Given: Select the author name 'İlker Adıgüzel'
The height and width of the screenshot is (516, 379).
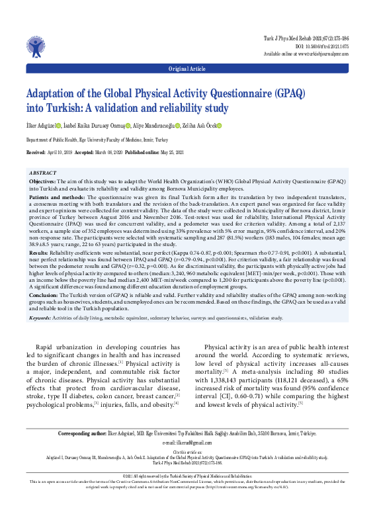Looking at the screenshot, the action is pos(40,126).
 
